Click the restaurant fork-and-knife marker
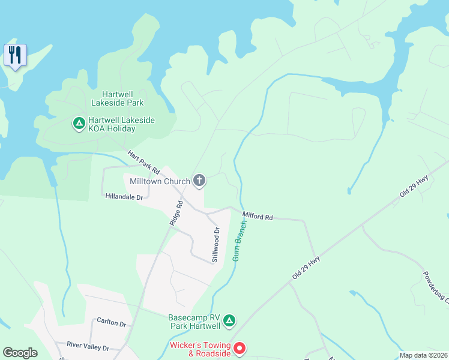15,55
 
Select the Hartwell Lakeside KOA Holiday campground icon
79,124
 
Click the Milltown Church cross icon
199,181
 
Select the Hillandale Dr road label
125,196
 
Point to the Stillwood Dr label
215,244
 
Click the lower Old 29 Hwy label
306,267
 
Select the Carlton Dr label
112,323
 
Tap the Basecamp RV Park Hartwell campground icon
229,322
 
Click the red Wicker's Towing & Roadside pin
239,348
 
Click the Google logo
20,353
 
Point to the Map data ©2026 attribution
423,355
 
